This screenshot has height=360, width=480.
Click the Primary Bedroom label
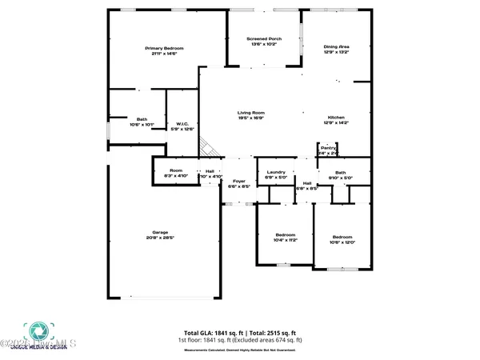(165, 49)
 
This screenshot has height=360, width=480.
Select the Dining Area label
(336, 46)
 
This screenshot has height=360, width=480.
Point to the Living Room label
(251, 113)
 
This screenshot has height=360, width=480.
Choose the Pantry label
(328, 147)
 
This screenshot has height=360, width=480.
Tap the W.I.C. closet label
(182, 122)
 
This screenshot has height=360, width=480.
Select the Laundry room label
(276, 172)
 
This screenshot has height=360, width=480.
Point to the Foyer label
(238, 182)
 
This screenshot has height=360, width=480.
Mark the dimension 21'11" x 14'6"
(165, 54)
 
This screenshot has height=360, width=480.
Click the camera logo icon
(38, 331)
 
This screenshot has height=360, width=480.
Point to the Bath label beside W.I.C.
(142, 119)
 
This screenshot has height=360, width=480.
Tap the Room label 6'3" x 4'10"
(175, 170)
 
